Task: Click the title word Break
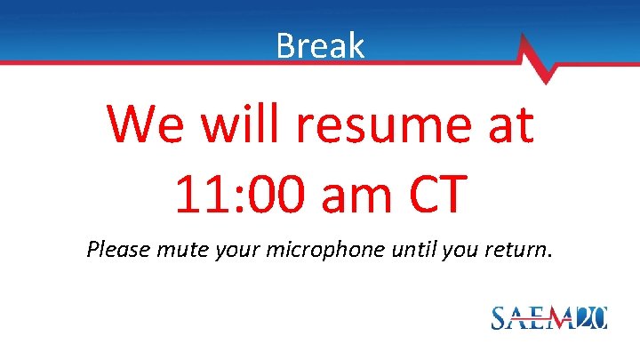coord(320,44)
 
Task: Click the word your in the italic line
coord(244,250)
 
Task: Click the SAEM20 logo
coord(548,316)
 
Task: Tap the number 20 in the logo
coord(589,316)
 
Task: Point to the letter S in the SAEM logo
coord(501,317)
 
